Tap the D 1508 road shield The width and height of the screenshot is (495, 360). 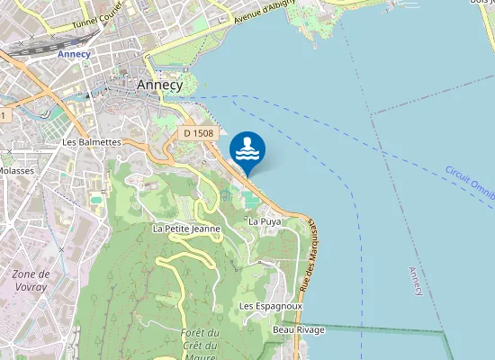tap(198, 133)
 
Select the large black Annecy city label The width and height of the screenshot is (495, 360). tap(159, 85)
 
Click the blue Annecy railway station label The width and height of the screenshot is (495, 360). tap(74, 54)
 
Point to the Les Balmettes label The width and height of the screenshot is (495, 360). tap(92, 142)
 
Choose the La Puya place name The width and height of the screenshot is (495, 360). tap(265, 220)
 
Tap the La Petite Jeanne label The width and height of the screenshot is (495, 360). tap(187, 229)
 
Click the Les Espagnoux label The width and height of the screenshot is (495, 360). tap(271, 306)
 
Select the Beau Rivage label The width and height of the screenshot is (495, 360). tap(299, 330)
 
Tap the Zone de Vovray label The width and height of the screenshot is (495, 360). tap(31, 279)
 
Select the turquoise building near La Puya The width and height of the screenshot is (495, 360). tap(247, 198)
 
